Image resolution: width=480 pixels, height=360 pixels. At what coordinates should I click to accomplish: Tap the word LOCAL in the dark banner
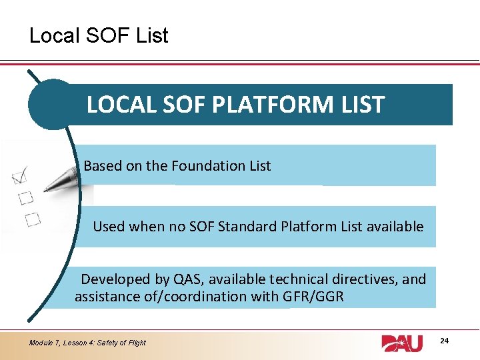point(117,105)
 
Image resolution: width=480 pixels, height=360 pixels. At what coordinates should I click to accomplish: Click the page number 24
point(445,341)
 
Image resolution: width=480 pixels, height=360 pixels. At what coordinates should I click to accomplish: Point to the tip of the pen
point(45,190)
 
